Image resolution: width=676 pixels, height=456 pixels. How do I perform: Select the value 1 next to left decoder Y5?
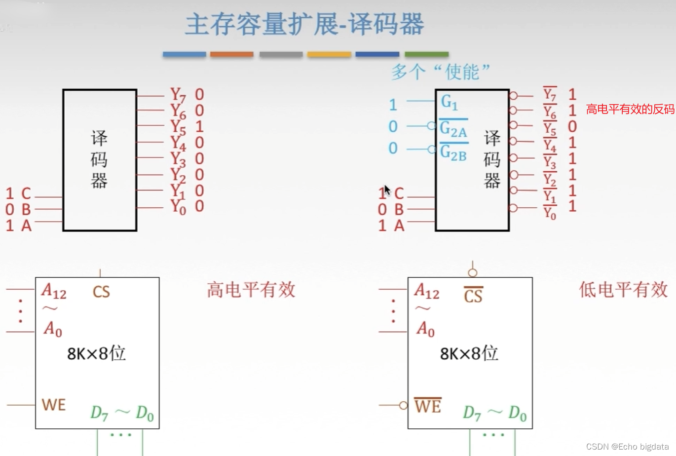click(199, 126)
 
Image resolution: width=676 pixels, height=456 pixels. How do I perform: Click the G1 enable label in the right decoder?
click(449, 102)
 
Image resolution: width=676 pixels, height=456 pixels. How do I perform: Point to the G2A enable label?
click(453, 129)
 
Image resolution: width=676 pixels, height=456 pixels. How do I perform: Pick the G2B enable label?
click(453, 152)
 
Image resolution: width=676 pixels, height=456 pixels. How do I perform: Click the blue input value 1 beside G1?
click(393, 105)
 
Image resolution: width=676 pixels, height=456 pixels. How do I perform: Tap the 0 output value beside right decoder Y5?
click(572, 127)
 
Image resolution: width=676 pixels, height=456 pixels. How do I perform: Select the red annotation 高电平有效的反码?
click(630, 109)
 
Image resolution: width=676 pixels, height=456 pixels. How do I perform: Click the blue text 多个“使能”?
click(441, 72)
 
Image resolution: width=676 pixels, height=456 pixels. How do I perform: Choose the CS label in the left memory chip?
click(101, 292)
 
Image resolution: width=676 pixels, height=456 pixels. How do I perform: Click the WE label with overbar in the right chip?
click(428, 406)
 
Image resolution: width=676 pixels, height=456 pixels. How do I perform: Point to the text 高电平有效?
click(251, 290)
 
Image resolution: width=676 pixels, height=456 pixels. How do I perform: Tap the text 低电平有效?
click(623, 290)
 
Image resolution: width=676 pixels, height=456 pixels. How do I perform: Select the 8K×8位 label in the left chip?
click(96, 353)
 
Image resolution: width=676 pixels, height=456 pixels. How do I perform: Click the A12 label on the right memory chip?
click(427, 291)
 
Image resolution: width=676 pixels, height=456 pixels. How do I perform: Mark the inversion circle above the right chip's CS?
click(473, 273)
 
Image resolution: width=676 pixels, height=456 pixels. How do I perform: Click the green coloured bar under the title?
click(426, 54)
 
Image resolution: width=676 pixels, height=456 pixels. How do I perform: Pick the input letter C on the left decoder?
click(26, 193)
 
